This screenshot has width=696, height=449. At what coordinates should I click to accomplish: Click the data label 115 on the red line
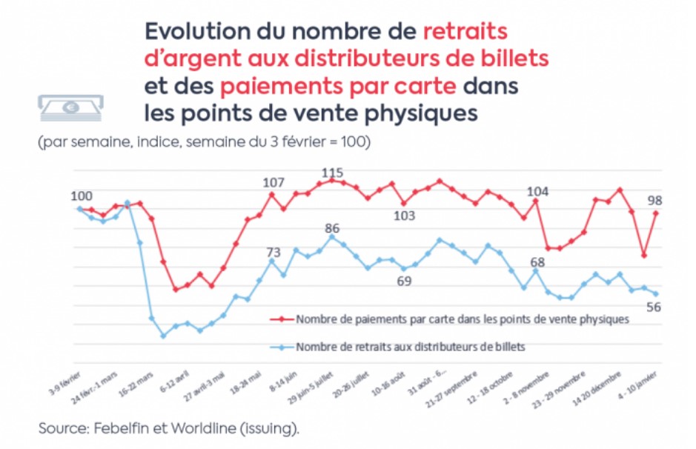point(333,173)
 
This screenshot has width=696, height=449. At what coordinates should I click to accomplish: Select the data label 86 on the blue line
point(332,228)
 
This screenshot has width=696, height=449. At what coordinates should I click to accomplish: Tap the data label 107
point(274,183)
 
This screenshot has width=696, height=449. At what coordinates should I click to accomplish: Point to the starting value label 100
point(82,196)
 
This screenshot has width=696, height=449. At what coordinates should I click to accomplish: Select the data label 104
point(538,192)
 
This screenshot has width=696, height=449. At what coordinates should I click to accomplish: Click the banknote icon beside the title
point(71,107)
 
